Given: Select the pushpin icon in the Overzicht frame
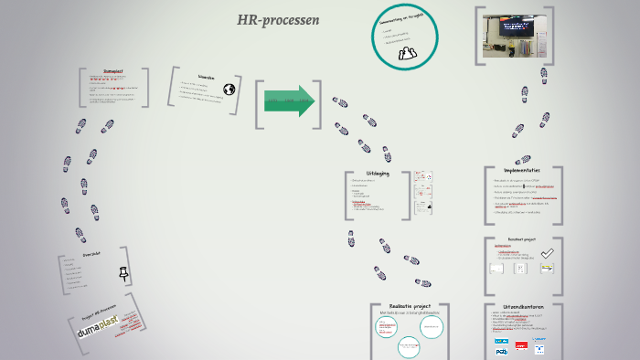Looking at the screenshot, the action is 124,272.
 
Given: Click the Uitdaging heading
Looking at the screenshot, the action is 377,173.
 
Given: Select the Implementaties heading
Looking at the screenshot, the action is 523,170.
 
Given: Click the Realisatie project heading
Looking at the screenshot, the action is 409,307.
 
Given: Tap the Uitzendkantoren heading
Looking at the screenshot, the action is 522,307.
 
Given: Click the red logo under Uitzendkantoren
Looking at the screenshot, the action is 522,346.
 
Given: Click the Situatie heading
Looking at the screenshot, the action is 206,78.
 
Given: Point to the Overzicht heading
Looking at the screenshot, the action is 91,255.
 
